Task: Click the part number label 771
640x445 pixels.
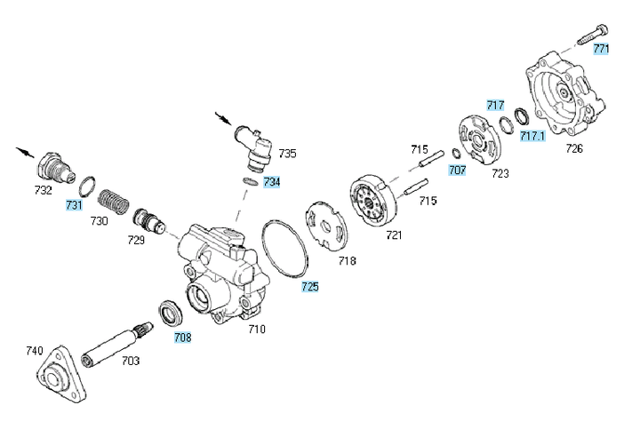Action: pyautogui.click(x=602, y=49)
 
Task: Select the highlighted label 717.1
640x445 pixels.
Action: pyautogui.click(x=532, y=136)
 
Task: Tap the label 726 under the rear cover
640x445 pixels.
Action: pyautogui.click(x=574, y=148)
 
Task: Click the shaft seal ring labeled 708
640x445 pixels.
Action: pyautogui.click(x=169, y=314)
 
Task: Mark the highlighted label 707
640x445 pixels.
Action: pyautogui.click(x=457, y=168)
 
